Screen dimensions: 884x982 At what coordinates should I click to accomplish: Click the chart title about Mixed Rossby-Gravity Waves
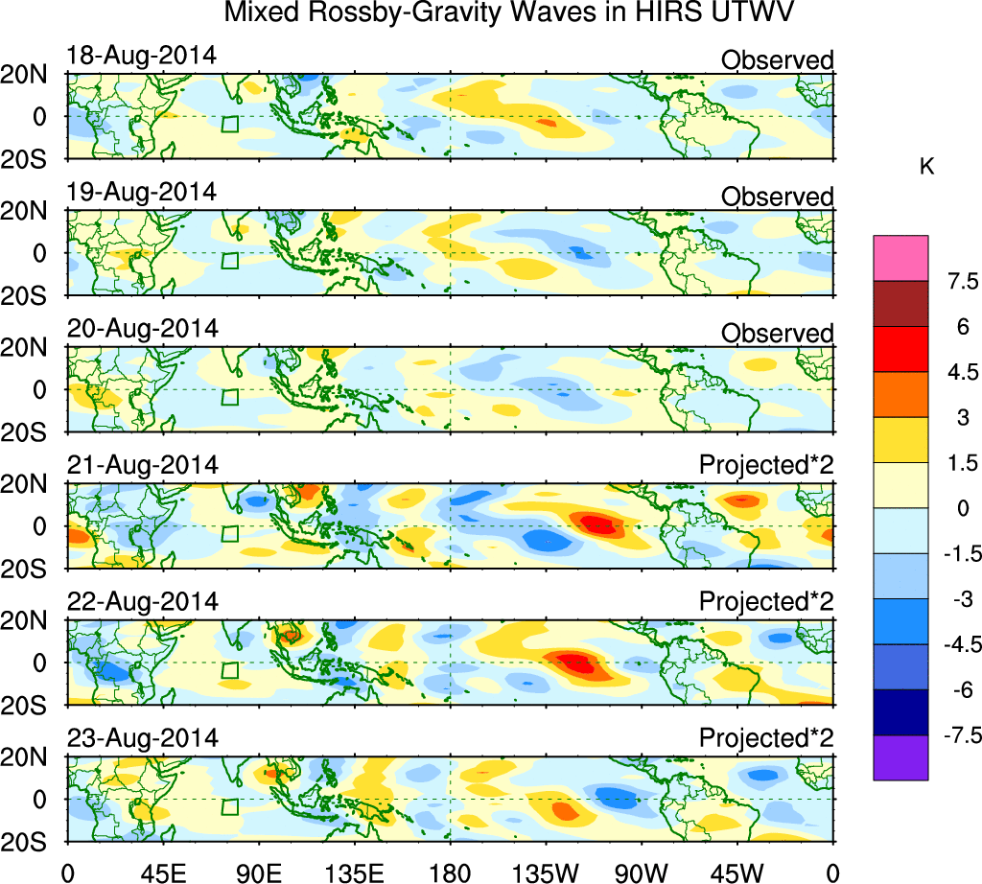pos(510,13)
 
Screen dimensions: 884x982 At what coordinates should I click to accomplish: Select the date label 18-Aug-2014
pos(142,55)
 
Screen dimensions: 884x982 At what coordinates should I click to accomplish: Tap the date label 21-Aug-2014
pos(142,465)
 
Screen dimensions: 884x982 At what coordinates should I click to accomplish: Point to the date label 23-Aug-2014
pos(142,738)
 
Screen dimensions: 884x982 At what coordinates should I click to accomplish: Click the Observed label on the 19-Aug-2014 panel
pos(778,197)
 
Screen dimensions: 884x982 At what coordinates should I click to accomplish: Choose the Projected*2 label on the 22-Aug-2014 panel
pos(766,602)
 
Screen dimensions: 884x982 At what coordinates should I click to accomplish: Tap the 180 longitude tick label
pos(451,870)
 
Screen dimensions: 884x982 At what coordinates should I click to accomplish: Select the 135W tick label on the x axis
pos(547,870)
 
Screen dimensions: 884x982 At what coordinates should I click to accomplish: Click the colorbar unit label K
pos(927,167)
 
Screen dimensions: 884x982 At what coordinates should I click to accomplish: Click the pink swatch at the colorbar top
pos(900,257)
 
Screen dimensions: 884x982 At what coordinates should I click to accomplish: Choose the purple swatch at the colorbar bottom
pos(900,757)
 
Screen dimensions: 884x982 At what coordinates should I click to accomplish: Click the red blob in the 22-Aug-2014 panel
pos(573,662)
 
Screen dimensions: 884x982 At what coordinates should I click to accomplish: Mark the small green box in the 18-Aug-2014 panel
pos(229,124)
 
